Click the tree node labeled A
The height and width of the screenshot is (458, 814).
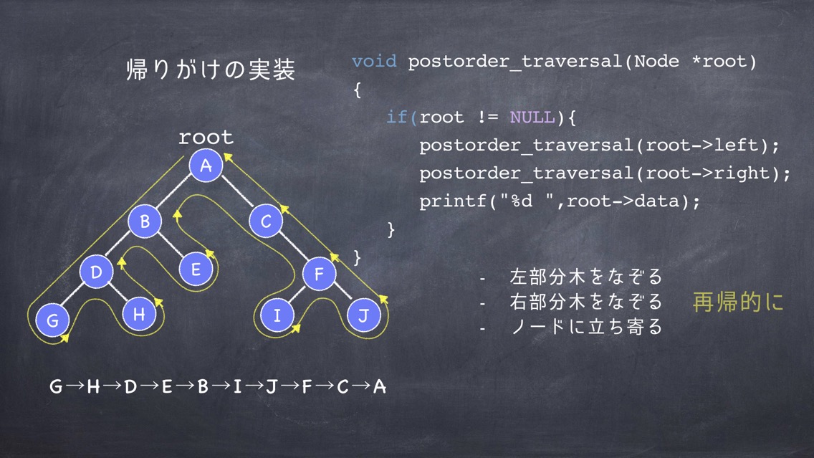tap(206, 165)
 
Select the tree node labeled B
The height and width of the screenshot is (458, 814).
tap(145, 221)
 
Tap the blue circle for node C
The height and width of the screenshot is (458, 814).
tap(266, 221)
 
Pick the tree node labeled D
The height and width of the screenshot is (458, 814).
tap(97, 272)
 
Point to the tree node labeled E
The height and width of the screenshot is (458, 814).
tap(196, 269)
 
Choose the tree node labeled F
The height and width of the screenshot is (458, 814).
tap(319, 273)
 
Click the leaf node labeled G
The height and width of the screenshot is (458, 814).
tap(52, 320)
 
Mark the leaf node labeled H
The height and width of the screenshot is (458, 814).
tap(139, 314)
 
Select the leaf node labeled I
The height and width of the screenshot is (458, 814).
tap(277, 315)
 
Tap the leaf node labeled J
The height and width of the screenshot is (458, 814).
tap(364, 315)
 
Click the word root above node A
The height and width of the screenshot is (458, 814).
tap(206, 137)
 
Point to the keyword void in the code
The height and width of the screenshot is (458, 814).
tap(374, 61)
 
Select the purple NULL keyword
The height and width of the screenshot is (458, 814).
tap(532, 117)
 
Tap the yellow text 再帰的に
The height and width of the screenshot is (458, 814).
tap(738, 302)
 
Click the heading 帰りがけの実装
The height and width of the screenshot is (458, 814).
tap(211, 70)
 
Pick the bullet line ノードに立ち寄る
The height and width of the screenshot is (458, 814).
tap(587, 327)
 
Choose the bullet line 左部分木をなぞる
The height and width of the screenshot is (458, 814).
tap(586, 277)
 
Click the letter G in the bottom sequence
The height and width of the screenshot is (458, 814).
tap(56, 386)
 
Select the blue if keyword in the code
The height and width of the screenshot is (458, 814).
tap(397, 117)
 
